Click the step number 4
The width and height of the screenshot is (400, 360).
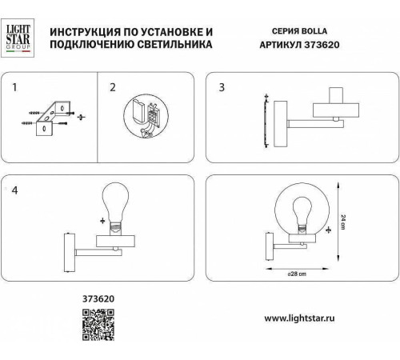point(14,190)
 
